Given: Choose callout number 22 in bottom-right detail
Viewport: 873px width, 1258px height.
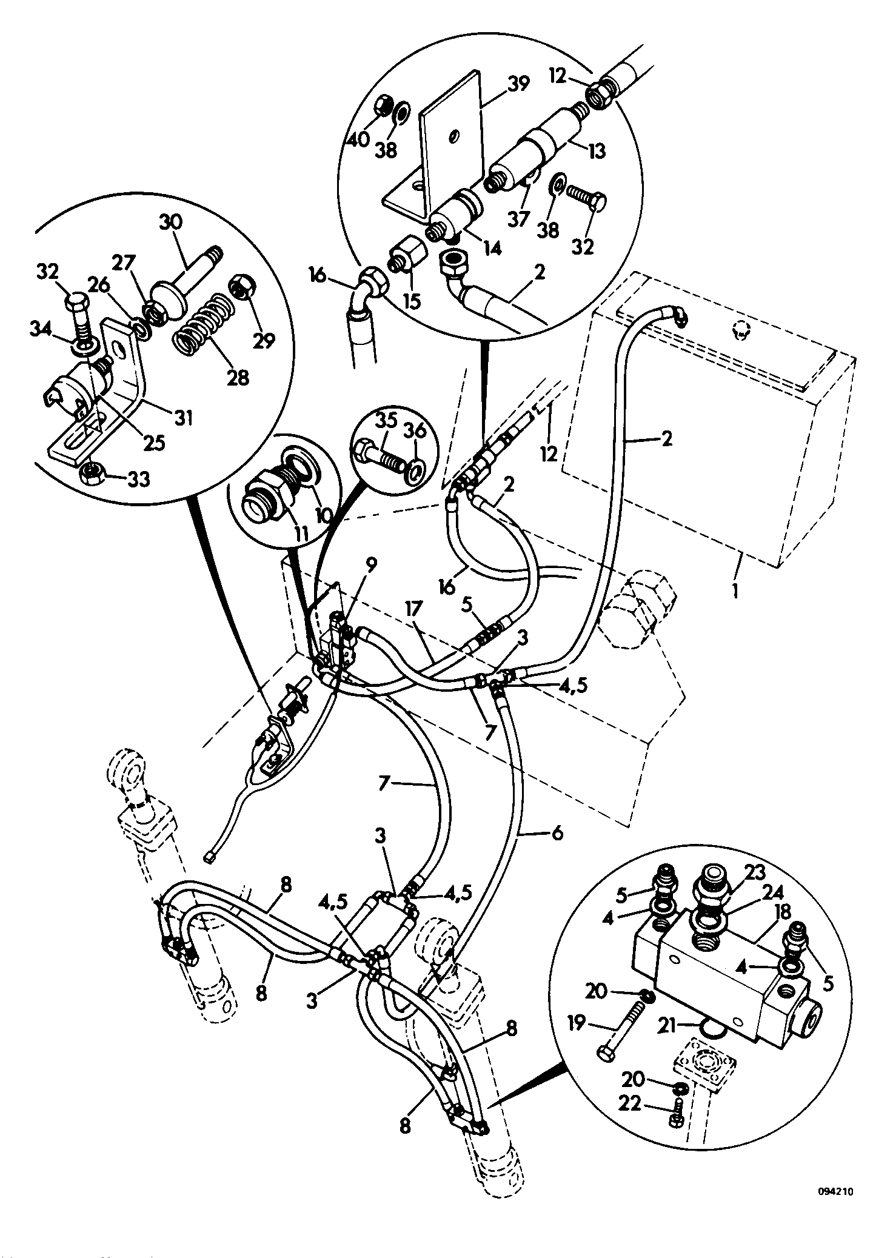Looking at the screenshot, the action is pyautogui.click(x=630, y=1103).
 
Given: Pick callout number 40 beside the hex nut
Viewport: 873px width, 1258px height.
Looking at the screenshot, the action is pyautogui.click(x=358, y=139).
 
